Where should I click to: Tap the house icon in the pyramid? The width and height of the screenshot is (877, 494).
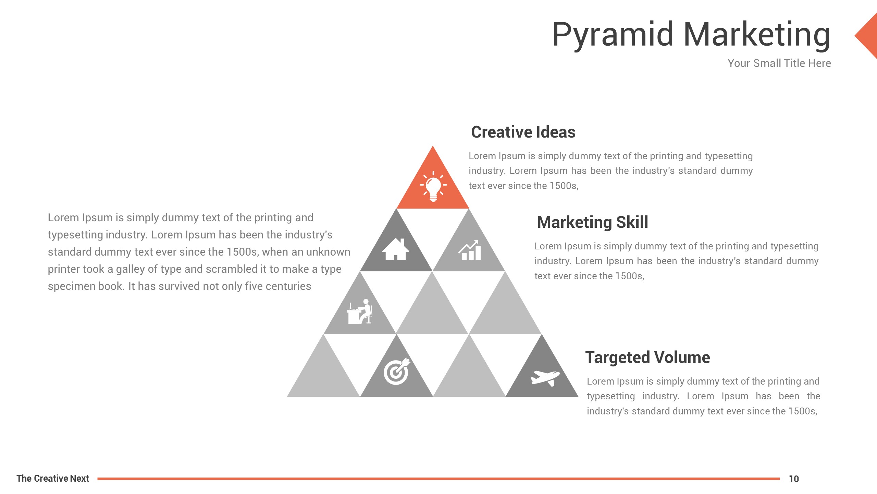396,249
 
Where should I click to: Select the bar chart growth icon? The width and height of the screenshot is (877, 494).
470,250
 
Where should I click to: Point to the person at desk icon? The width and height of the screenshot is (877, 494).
359,311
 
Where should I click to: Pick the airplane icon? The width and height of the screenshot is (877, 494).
545,378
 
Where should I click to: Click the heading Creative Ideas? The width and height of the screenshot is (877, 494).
523,132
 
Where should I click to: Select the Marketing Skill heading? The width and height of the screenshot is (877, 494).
593,222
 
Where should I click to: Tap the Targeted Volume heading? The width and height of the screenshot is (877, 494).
647,358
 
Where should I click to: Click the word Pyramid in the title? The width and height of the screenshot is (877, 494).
613,35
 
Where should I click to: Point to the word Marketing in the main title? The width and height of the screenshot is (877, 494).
757,35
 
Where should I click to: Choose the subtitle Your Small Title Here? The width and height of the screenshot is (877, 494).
779,63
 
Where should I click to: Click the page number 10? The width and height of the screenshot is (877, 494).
794,479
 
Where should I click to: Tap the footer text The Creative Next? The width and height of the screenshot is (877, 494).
53,478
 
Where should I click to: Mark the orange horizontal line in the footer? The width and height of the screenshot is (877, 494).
438,479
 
